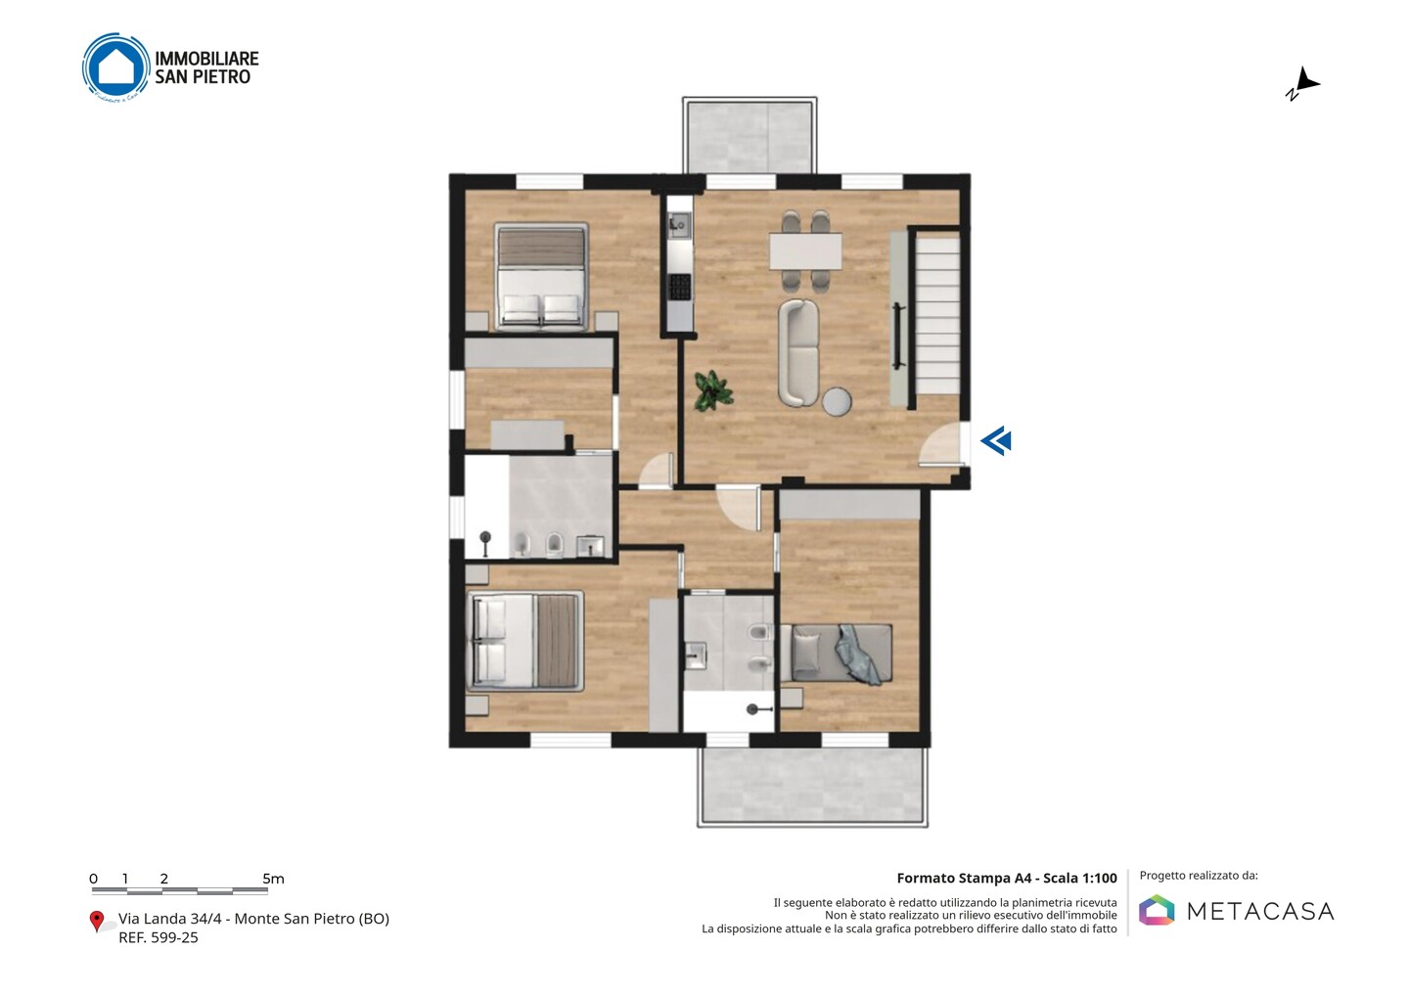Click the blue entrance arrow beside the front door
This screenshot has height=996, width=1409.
tap(996, 441)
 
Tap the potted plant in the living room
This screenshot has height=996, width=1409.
tap(713, 390)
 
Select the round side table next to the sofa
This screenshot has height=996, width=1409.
tap(837, 402)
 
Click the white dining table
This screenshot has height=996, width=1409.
tap(805, 251)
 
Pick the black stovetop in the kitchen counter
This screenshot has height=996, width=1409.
tap(679, 287)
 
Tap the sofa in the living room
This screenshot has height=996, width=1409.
tap(798, 352)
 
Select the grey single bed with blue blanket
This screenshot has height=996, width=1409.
tap(836, 654)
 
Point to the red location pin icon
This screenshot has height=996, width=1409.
tap(96, 922)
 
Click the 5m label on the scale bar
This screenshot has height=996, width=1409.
tap(273, 879)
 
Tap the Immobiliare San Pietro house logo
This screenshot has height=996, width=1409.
tap(115, 67)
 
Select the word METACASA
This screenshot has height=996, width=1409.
tap(1260, 911)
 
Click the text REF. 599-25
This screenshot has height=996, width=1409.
tap(158, 937)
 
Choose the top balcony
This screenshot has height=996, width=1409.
tap(750, 135)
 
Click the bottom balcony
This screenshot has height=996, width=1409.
tap(812, 787)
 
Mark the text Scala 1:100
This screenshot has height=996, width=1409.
tap(1080, 878)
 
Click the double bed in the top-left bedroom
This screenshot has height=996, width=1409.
tap(541, 276)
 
